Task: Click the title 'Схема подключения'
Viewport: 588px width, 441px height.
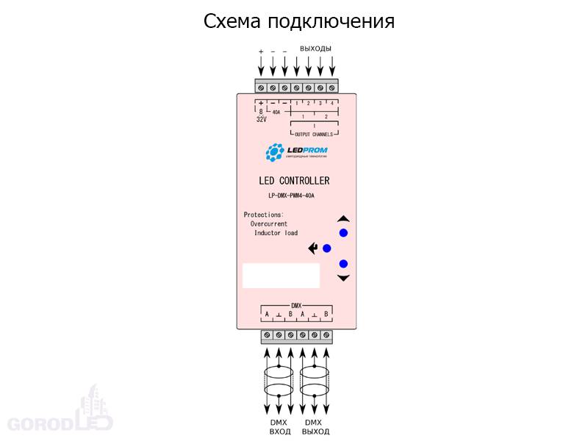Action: pos(298,21)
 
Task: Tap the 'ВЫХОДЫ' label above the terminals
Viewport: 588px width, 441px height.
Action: pos(315,49)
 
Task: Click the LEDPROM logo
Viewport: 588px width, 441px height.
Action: pos(296,153)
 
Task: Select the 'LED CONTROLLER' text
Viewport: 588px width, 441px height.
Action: pos(294,181)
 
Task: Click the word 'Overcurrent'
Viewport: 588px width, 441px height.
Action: pos(269,223)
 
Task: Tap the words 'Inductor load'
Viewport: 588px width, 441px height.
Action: pos(276,233)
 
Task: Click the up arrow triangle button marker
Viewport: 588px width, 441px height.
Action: pos(343,218)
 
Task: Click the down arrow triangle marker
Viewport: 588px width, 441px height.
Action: pos(343,278)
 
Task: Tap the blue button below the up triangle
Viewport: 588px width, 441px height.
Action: pos(343,233)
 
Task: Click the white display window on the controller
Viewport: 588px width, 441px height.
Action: pos(281,275)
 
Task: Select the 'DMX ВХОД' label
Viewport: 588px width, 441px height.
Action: pos(279,427)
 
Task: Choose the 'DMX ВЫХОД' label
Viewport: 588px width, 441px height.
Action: pos(314,427)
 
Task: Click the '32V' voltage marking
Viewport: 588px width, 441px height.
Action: pos(261,119)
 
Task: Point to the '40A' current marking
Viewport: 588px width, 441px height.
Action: pos(276,112)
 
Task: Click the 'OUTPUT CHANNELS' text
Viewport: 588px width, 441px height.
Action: pos(314,135)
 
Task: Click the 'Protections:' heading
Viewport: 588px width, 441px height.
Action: pos(263,215)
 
